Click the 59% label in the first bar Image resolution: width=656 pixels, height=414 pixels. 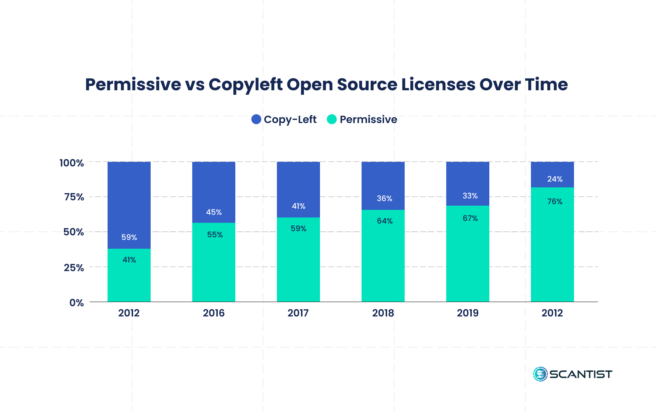click(x=129, y=237)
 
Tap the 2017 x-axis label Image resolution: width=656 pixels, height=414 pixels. click(x=298, y=313)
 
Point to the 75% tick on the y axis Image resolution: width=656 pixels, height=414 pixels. click(x=74, y=197)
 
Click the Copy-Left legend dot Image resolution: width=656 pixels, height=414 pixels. click(x=256, y=119)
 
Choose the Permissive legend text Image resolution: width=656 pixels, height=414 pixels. click(x=368, y=120)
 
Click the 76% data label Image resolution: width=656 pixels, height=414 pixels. click(x=555, y=201)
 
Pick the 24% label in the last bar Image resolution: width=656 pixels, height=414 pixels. click(x=555, y=179)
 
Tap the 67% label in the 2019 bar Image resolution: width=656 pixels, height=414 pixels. click(x=470, y=218)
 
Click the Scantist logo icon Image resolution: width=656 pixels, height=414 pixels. click(x=540, y=374)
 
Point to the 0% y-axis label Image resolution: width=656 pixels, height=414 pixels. click(x=76, y=303)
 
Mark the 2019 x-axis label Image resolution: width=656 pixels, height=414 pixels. click(x=468, y=313)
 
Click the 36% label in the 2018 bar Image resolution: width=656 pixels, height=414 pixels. click(x=384, y=198)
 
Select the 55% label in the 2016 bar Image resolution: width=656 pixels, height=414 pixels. click(x=215, y=235)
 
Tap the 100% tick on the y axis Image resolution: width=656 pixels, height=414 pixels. click(x=72, y=163)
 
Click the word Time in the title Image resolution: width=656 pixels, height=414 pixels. click(x=546, y=85)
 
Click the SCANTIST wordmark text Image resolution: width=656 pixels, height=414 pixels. click(x=580, y=374)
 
